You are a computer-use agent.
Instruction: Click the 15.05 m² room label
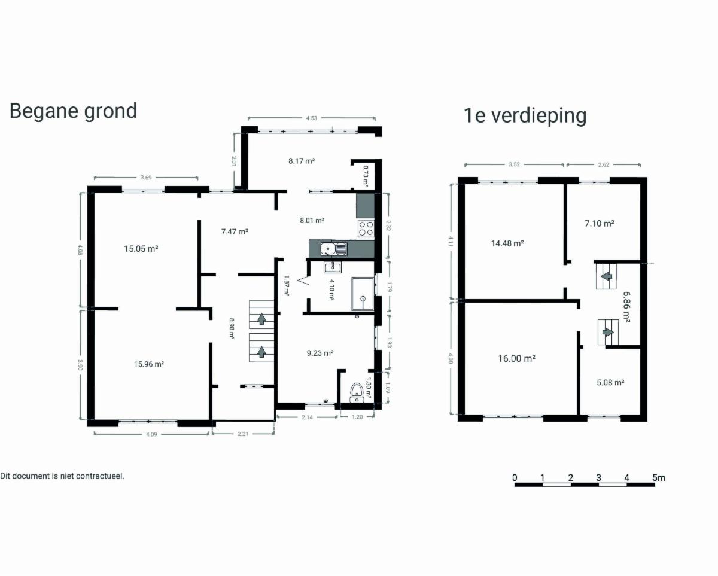pyautogui.click(x=141, y=248)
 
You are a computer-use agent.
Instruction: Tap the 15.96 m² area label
pyautogui.click(x=149, y=364)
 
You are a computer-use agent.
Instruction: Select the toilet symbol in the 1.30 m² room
pyautogui.click(x=357, y=393)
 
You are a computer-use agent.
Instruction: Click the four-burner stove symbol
pyautogui.click(x=366, y=228)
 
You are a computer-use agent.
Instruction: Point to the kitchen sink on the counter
pyautogui.click(x=333, y=249)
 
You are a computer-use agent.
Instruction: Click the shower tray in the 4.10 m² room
pyautogui.click(x=363, y=294)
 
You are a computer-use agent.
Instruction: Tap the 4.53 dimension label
pyautogui.click(x=311, y=118)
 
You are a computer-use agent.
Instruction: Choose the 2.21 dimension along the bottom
pyautogui.click(x=242, y=434)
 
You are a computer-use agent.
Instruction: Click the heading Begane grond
pyautogui.click(x=73, y=111)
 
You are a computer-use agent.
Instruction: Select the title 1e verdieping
pyautogui.click(x=525, y=115)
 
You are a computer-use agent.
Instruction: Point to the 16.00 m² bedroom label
pyautogui.click(x=516, y=358)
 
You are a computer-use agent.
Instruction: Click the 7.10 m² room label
pyautogui.click(x=599, y=224)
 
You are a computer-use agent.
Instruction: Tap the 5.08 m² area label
pyautogui.click(x=610, y=383)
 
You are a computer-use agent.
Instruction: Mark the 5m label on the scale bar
pyautogui.click(x=659, y=478)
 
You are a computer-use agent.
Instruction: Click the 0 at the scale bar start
pyautogui.click(x=515, y=478)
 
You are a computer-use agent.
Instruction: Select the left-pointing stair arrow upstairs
pyautogui.click(x=607, y=276)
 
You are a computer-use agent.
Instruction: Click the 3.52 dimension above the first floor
pyautogui.click(x=514, y=164)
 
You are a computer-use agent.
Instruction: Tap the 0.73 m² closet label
pyautogui.click(x=366, y=176)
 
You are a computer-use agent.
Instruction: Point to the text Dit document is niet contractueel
pyautogui.click(x=62, y=476)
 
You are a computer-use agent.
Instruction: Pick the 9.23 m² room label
pyautogui.click(x=320, y=353)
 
